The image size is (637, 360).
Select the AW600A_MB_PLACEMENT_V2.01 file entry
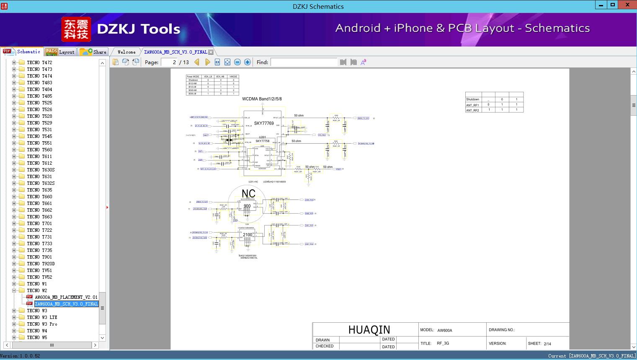[66, 297]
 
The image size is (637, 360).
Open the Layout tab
[60, 52]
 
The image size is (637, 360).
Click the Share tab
[94, 52]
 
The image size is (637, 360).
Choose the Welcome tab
[126, 52]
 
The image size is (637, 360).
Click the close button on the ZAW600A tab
[211, 52]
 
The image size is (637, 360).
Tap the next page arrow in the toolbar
[207, 62]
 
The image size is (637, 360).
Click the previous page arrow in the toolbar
[197, 62]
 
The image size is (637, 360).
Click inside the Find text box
[304, 62]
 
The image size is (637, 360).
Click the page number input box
[169, 62]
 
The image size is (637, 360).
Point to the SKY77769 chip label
[264, 123]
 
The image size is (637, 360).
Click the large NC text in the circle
[248, 194]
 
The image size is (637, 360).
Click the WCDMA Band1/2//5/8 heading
[262, 99]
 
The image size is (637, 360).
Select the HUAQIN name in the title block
[369, 330]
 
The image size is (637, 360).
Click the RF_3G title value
[443, 343]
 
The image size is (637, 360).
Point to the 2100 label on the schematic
[248, 235]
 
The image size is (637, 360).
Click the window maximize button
[613, 5]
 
